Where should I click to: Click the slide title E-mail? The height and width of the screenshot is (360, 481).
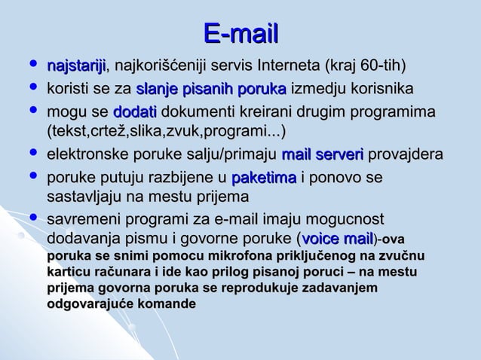[240, 32]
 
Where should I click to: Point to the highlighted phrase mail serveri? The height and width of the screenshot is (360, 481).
[322, 157]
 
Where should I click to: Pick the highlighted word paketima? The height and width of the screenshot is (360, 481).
[264, 178]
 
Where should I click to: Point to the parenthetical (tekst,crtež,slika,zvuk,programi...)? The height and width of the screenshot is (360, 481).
[166, 133]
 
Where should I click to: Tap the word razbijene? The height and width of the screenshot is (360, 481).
[179, 178]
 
